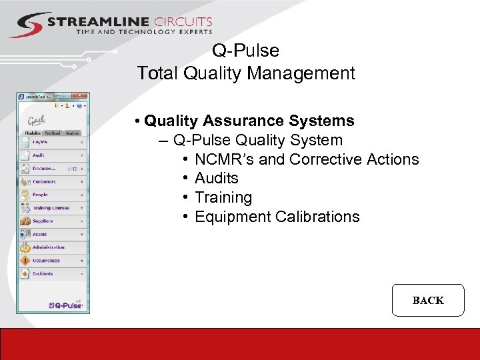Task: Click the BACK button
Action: pyautogui.click(x=427, y=300)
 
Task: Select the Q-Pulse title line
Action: pyautogui.click(x=245, y=51)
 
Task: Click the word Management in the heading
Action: pyautogui.click(x=301, y=73)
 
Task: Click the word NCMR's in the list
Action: pyautogui.click(x=223, y=159)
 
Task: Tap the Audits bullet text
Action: pyautogui.click(x=216, y=178)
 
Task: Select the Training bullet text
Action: pyautogui.click(x=223, y=197)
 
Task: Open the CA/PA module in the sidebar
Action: pyautogui.click(x=41, y=142)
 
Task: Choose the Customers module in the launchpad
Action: pyautogui.click(x=44, y=181)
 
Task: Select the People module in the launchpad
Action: pyautogui.click(x=40, y=195)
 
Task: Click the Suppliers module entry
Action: pyautogui.click(x=43, y=221)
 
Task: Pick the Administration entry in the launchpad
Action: pyautogui.click(x=48, y=247)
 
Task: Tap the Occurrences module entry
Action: pyautogui.click(x=46, y=261)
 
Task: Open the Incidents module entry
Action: pyautogui.click(x=43, y=273)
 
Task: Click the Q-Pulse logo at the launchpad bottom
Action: pyautogui.click(x=66, y=304)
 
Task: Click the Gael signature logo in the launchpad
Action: pyautogui.click(x=37, y=121)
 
